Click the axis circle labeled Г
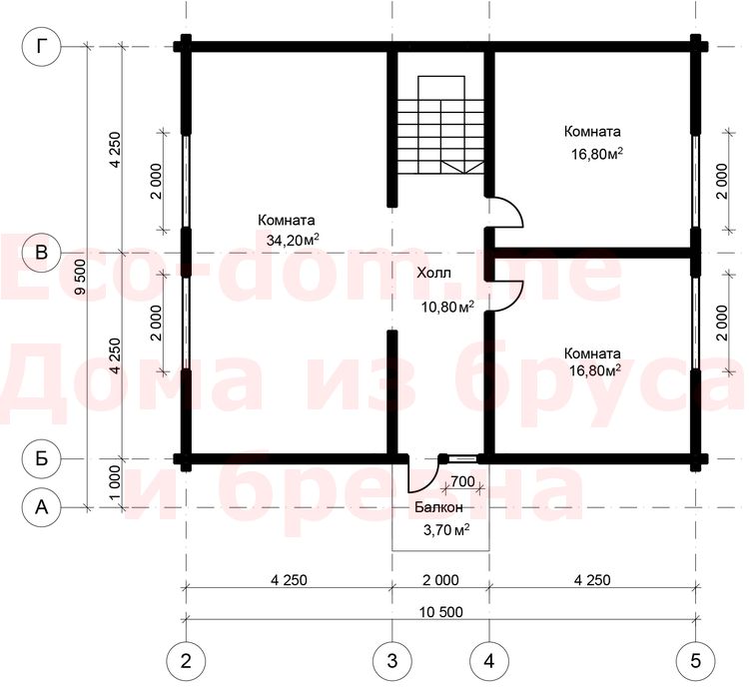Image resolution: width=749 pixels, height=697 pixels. pos(42,46)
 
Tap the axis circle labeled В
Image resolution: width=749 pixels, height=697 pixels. pos(42,252)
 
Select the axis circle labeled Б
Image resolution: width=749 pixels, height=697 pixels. pos(42,458)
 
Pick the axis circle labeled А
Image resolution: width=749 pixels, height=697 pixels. pos(42,507)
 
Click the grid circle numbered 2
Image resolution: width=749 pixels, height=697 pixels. pos(186,661)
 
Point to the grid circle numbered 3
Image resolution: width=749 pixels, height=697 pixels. pos(392,661)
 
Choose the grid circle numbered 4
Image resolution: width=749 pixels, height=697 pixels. pos(489,661)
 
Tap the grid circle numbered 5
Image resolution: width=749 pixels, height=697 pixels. pos(695,661)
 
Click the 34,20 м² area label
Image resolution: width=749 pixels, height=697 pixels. pos(293,240)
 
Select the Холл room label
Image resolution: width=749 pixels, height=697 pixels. pos(433,274)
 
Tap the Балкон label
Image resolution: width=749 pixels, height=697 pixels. pos(438,507)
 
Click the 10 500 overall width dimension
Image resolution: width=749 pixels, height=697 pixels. pos(440,612)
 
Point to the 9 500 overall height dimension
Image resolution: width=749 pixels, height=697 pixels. pos(80,277)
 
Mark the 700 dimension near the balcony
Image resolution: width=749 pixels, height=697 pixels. pos(462,481)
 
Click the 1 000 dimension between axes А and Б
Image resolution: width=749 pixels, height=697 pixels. pos(115,482)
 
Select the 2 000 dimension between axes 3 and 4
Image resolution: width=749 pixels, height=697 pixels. pos(440,580)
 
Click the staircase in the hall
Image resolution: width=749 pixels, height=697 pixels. pos(440,125)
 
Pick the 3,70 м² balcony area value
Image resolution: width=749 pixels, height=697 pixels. pos(446,529)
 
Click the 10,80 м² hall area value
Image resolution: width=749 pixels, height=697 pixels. pos(447,307)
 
